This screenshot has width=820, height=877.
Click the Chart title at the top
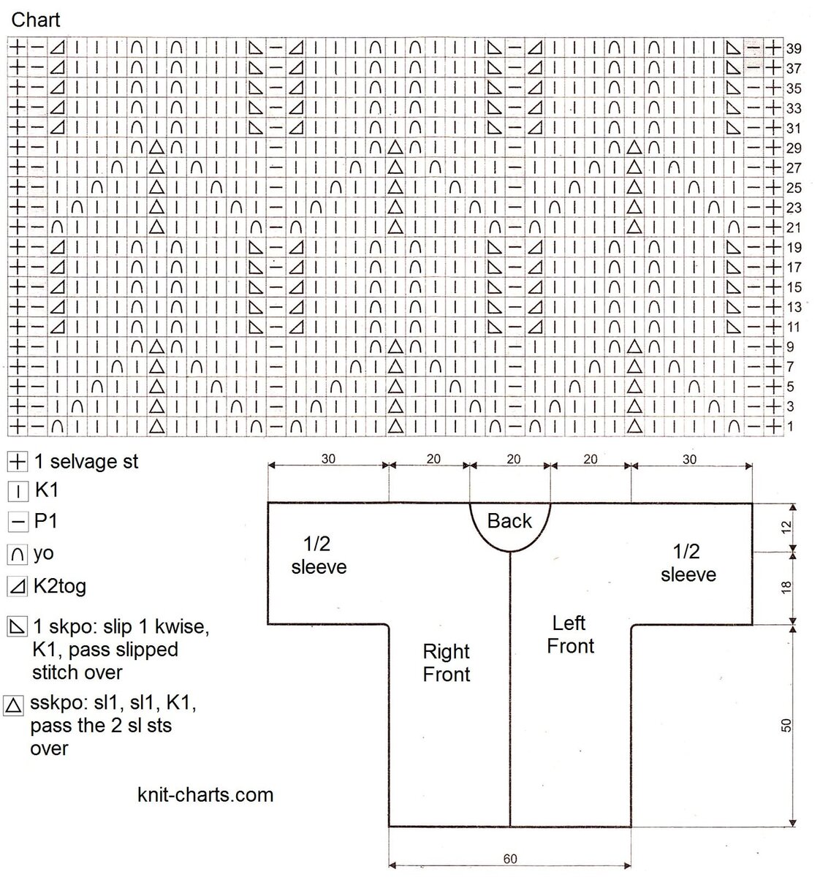(x=35, y=20)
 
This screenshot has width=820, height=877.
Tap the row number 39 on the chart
(x=794, y=49)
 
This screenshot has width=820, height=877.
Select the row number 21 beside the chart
(x=794, y=227)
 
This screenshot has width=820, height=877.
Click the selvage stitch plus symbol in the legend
(x=16, y=462)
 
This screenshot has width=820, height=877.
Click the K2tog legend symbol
(x=16, y=586)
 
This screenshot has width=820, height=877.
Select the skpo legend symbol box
(x=16, y=627)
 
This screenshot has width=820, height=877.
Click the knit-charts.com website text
(x=205, y=794)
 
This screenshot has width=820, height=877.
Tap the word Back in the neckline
(x=509, y=521)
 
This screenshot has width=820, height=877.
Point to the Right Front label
(x=447, y=663)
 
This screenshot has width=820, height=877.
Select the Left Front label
(x=570, y=634)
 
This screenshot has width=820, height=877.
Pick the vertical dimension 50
(x=786, y=725)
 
